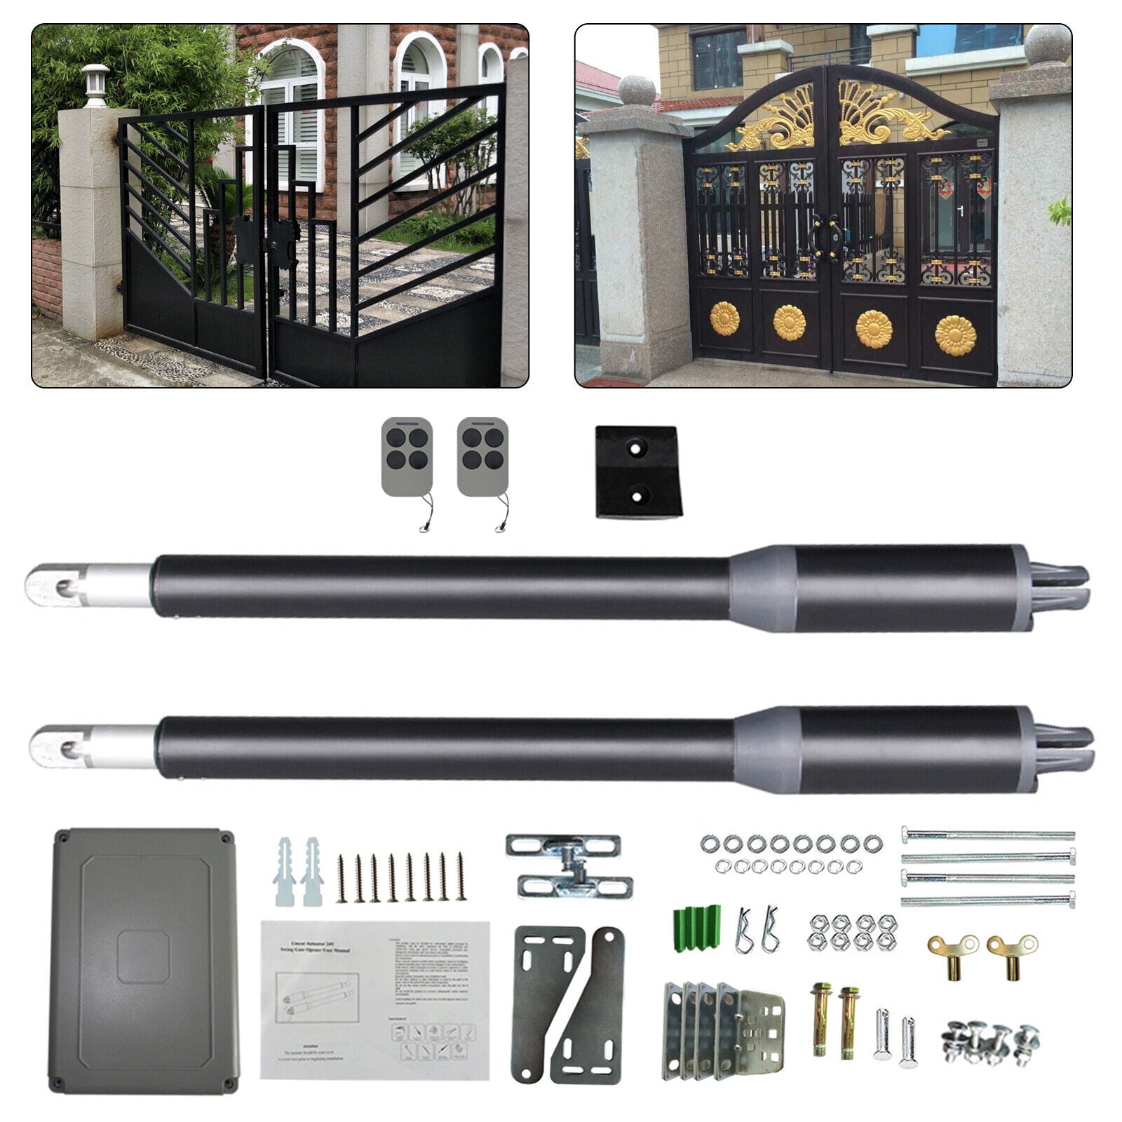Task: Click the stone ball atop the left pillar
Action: pyautogui.click(x=637, y=93)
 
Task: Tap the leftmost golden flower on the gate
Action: pyautogui.click(x=724, y=320)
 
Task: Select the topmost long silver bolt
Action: pyautogui.click(x=987, y=835)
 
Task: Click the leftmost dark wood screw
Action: pyautogui.click(x=342, y=877)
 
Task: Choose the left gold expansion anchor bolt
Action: pyautogui.click(x=820, y=1020)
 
